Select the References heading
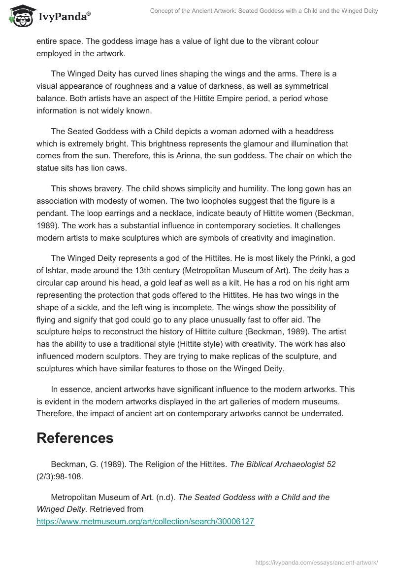[x=75, y=438]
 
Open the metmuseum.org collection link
[x=145, y=521]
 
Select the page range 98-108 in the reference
[x=69, y=476]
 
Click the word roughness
[x=130, y=86]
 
